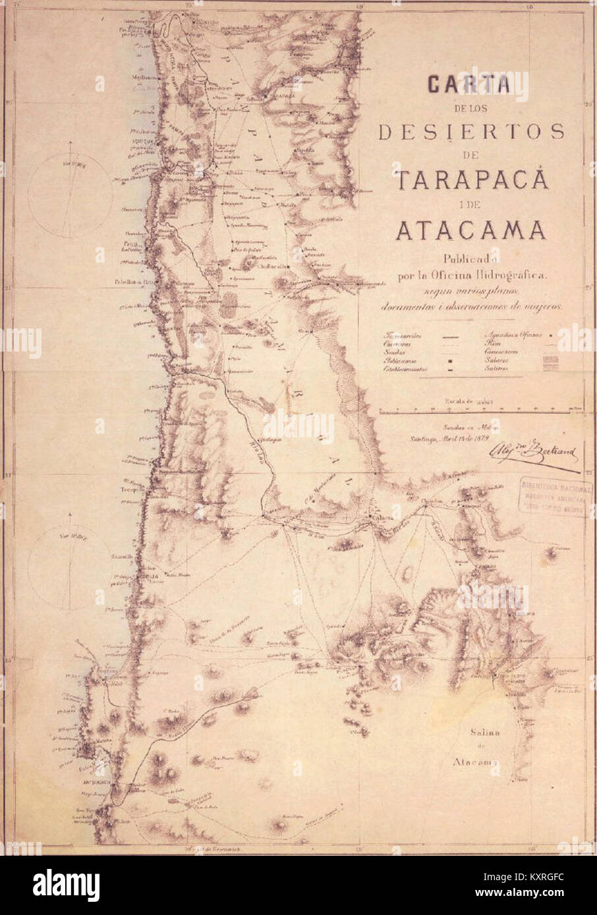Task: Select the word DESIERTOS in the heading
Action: (471, 132)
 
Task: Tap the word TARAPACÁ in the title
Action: (470, 178)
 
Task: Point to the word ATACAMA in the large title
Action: (470, 230)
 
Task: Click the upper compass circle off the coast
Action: (70, 196)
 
